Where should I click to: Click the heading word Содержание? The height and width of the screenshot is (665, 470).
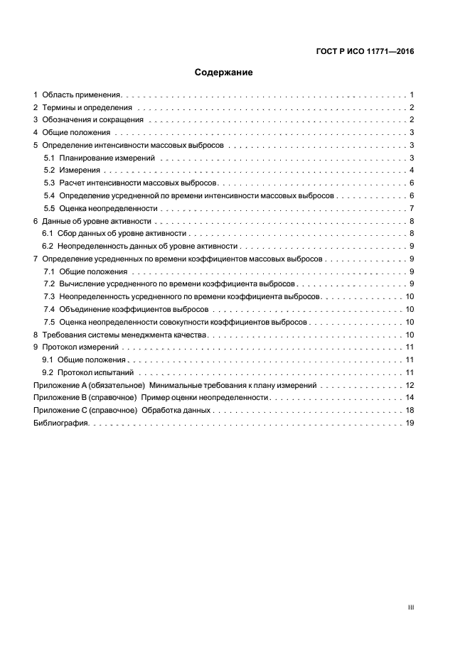(224, 72)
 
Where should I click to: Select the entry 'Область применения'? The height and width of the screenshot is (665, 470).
(82, 94)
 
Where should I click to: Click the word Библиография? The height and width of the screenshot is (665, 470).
(60, 423)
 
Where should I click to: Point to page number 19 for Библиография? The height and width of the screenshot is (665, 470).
(410, 423)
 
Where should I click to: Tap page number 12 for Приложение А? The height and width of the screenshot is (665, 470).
(410, 385)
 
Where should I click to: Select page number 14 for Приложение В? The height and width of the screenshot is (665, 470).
(410, 398)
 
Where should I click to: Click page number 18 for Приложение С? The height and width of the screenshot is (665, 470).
(410, 411)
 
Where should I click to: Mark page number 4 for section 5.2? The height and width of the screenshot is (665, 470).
(412, 171)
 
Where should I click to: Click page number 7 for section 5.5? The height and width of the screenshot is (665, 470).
(412, 209)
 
